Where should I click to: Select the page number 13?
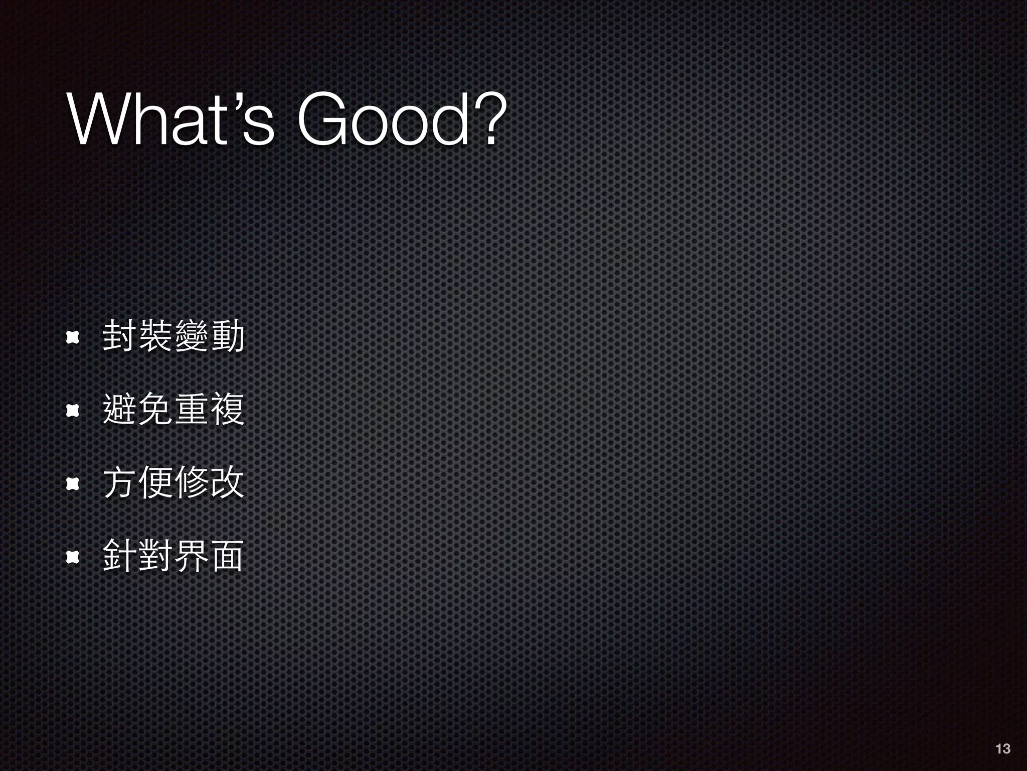[x=1002, y=749]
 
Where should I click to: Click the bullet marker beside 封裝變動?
[x=73, y=338]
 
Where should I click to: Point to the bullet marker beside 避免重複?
[x=73, y=411]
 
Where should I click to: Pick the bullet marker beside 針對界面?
[x=73, y=557]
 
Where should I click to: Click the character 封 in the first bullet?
[x=119, y=337]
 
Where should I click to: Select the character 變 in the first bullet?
[x=191, y=337]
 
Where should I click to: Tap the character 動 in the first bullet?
[x=227, y=337]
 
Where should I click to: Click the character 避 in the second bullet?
[x=119, y=410]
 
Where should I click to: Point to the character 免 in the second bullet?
[x=155, y=410]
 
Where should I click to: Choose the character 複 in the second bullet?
[x=227, y=410]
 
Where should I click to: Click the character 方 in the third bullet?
[x=119, y=483]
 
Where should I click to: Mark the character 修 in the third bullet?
[x=191, y=483]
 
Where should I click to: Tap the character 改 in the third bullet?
[x=227, y=483]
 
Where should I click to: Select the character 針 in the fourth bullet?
[x=119, y=556]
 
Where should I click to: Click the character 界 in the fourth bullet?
[x=191, y=556]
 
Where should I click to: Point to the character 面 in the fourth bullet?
[x=227, y=556]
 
